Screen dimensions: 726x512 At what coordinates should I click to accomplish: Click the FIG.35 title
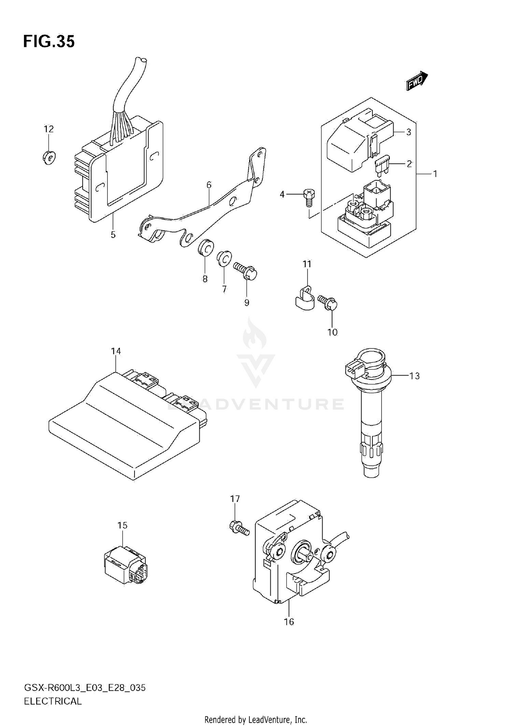point(49,42)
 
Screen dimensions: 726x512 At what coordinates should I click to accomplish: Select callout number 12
point(49,129)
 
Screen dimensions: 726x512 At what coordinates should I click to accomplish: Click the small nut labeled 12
point(49,157)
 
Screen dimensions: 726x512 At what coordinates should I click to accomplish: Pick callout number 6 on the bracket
point(209,185)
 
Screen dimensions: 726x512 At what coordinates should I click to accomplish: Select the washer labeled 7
point(224,259)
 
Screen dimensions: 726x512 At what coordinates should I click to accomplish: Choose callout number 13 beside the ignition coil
point(414,376)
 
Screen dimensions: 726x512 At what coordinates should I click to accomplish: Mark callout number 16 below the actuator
point(289,622)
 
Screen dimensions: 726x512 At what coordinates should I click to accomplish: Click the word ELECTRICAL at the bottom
point(53,701)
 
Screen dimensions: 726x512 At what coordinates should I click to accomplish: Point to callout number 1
point(435,174)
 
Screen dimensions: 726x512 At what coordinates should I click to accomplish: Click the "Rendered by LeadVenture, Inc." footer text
point(256,720)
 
